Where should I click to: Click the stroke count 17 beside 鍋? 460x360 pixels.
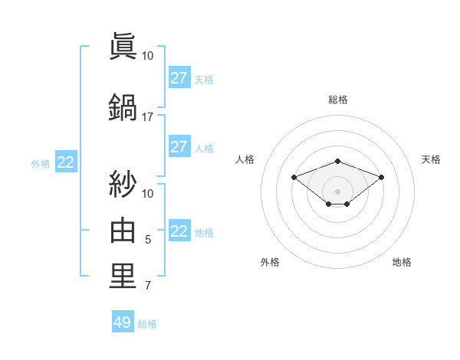point(148,117)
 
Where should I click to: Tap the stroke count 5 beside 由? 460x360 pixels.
point(148,240)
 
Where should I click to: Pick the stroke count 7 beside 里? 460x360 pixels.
point(148,286)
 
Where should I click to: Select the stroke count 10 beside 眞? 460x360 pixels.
point(148,56)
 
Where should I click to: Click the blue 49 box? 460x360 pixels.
point(123,322)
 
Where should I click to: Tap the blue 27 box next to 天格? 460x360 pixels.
point(179,78)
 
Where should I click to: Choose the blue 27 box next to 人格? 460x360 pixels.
point(179,147)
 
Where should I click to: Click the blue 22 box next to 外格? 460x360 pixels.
point(66,162)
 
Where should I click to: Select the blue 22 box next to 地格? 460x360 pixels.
point(179,232)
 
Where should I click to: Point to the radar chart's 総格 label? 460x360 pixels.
point(338,100)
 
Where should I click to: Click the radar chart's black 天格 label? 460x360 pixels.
point(432,159)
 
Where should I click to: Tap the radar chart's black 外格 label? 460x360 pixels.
point(270,263)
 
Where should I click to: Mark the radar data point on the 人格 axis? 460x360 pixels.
point(294,177)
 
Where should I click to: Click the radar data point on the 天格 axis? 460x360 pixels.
point(382,177)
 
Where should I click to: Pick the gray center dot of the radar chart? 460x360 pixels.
point(338,191)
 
